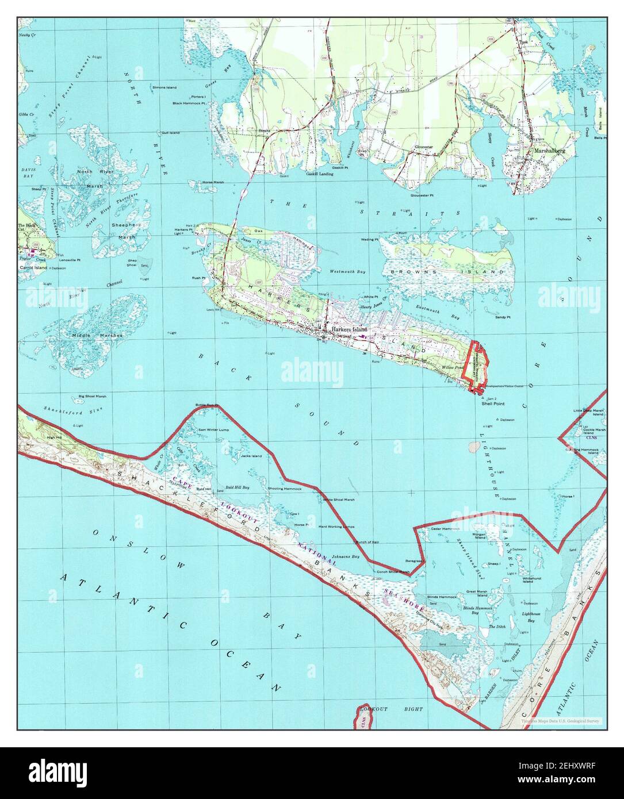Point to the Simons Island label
coord(164,87)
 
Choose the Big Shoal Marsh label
coord(92,396)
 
